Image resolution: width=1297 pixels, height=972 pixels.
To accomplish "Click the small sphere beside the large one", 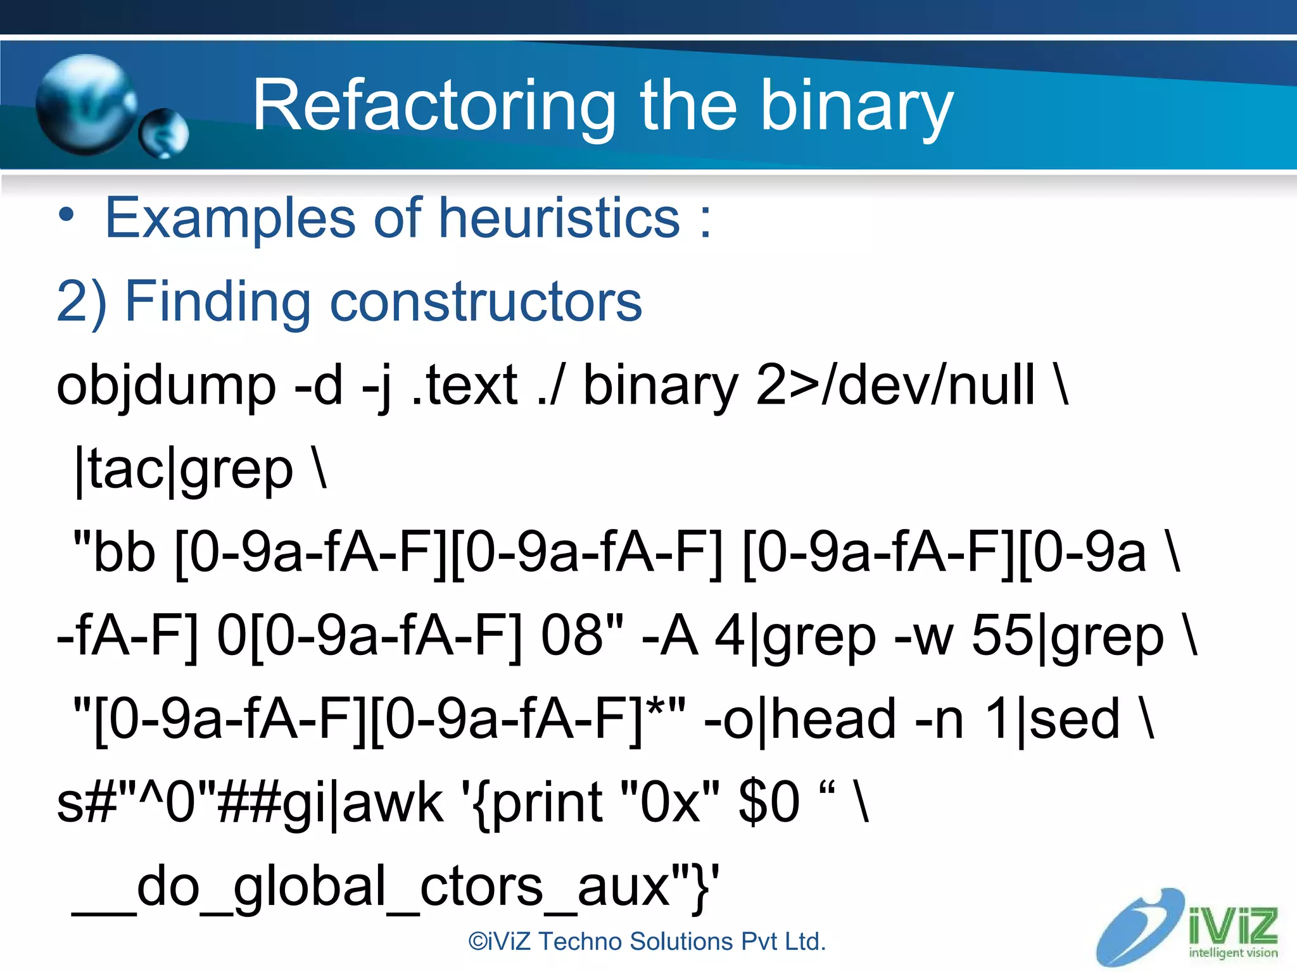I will coord(164,133).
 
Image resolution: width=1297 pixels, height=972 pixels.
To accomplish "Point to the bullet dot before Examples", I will coord(66,216).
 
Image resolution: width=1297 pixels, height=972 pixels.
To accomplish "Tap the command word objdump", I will coord(166,385).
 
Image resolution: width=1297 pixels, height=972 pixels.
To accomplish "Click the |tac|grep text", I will coord(184,470).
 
